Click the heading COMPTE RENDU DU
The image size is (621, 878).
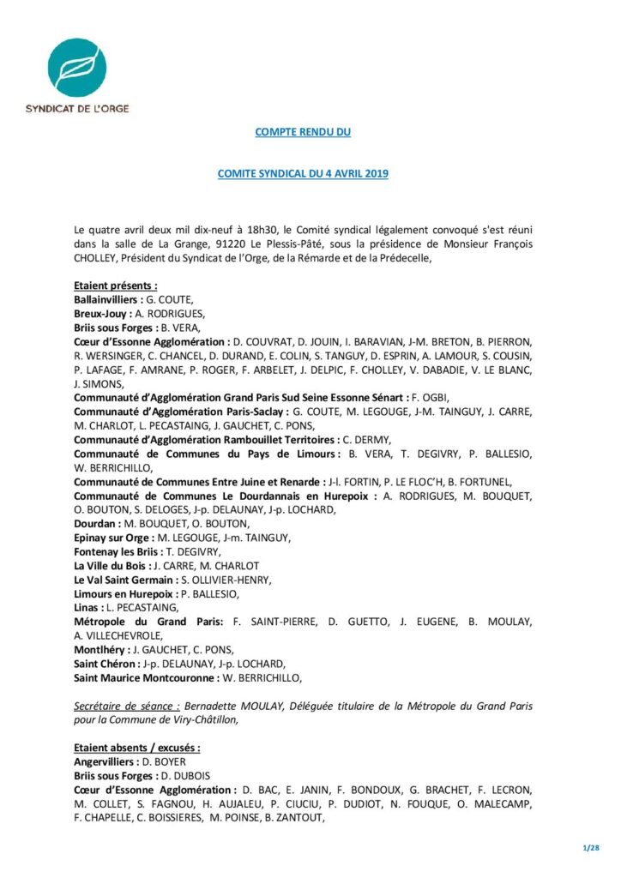click(x=303, y=132)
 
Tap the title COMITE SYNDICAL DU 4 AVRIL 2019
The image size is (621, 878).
click(x=303, y=173)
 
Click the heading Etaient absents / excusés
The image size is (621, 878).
click(x=137, y=748)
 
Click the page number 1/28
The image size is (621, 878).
click(x=590, y=847)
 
